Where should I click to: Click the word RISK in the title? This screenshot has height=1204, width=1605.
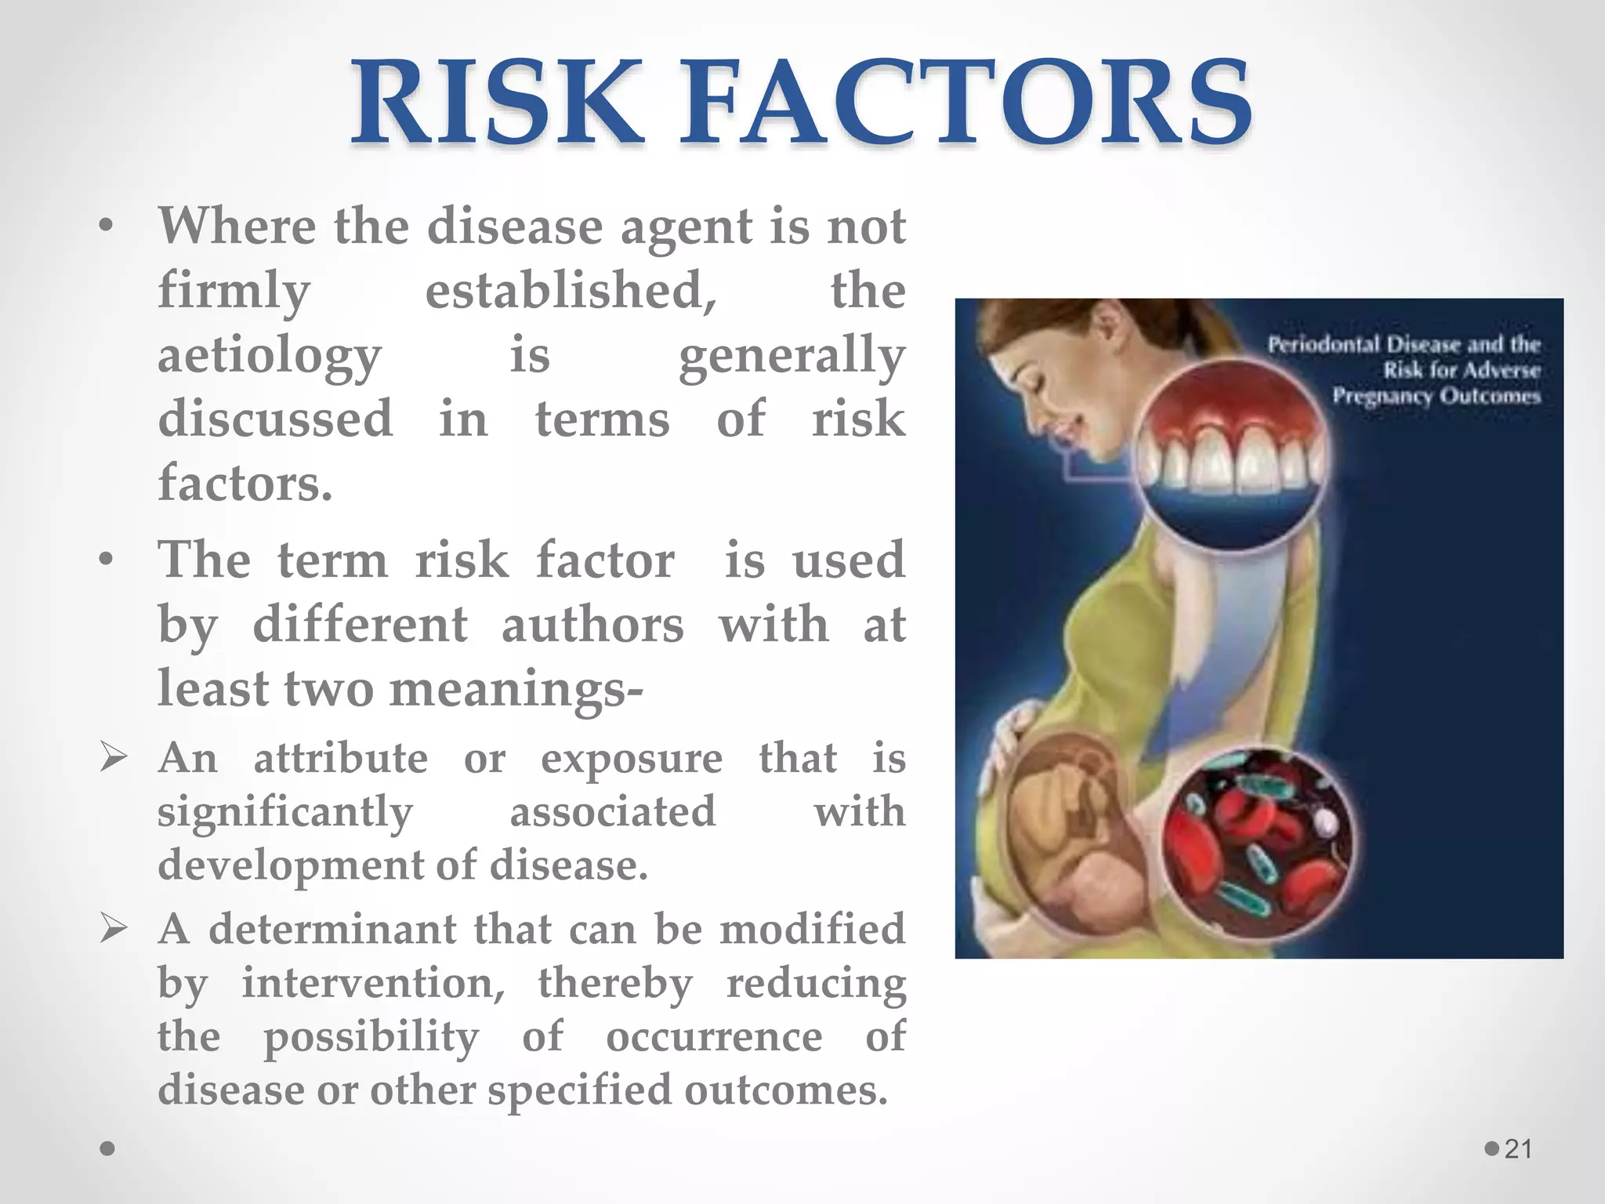497,103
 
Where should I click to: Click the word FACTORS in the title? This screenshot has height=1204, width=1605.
966,103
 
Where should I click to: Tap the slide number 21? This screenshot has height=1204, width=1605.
1518,1149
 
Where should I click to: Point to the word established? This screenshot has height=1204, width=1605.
571,291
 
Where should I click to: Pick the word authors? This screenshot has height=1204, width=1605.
592,626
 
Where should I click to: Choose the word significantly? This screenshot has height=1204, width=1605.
284,812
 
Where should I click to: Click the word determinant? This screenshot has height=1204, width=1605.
332,930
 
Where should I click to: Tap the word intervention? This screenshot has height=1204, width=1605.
373,983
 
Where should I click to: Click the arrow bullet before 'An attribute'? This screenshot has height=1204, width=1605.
114,759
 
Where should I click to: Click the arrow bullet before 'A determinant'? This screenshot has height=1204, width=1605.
114,930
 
